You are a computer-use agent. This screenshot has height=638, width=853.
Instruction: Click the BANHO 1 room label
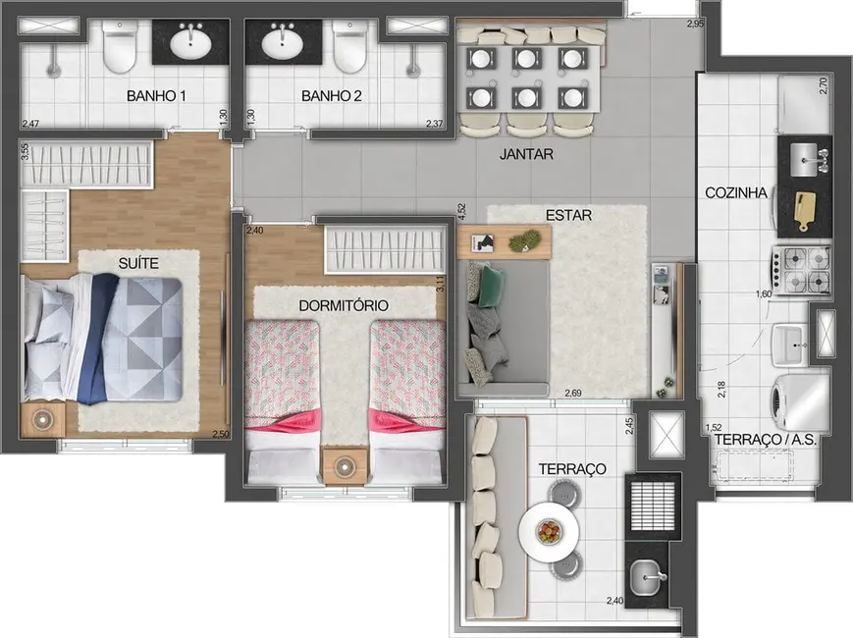157,96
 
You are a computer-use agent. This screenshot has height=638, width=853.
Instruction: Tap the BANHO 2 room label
332,96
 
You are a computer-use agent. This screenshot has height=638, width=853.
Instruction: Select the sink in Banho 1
190,42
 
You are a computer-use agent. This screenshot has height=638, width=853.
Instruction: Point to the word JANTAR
526,154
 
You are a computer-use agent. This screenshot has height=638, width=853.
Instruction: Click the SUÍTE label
140,262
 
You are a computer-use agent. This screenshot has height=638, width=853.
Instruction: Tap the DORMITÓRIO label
344,305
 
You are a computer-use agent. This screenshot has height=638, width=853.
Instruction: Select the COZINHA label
736,192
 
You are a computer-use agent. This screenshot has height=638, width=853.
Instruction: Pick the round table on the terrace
548,532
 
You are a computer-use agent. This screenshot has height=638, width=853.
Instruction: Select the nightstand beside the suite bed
43,419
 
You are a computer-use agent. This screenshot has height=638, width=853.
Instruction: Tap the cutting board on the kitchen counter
805,208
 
